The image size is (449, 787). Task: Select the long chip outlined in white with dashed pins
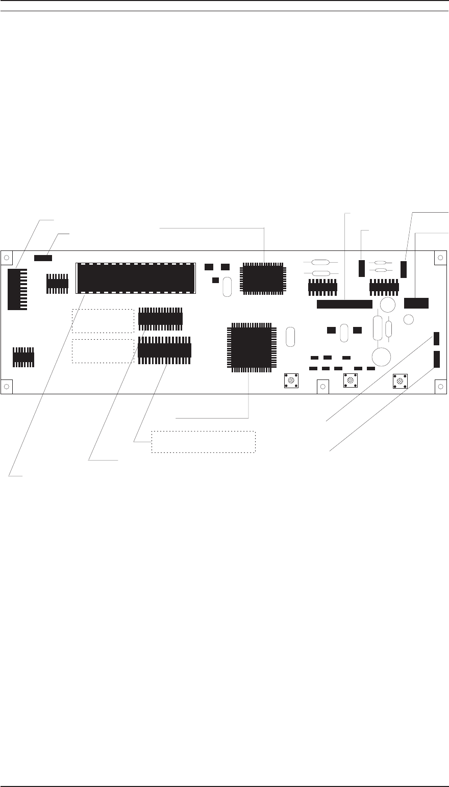click(136, 278)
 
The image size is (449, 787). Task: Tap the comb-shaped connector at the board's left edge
click(16, 289)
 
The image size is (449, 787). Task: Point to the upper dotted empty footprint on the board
click(103, 321)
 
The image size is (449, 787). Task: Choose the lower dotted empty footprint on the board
click(103, 350)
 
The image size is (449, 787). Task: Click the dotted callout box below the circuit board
click(203, 442)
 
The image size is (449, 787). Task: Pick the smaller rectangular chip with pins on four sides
click(262, 278)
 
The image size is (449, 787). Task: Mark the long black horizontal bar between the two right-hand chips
click(344, 304)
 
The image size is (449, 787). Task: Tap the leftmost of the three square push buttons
click(291, 380)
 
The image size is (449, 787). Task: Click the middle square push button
click(350, 380)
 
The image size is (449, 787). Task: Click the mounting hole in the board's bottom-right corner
click(441, 387)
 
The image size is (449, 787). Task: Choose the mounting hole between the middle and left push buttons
click(322, 387)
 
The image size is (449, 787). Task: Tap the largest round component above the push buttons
click(381, 356)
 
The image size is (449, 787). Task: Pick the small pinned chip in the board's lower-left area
click(23, 357)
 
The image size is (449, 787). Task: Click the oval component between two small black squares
click(344, 332)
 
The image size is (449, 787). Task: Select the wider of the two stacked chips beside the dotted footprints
click(164, 350)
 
